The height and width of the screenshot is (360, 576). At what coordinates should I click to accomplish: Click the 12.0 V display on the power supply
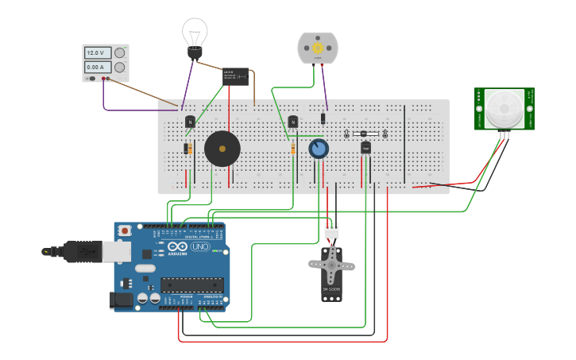[95, 52]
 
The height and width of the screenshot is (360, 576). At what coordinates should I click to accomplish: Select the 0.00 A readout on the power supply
[95, 68]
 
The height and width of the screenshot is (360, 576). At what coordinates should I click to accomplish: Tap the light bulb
[194, 37]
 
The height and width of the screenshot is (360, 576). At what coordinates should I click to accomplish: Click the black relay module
[235, 77]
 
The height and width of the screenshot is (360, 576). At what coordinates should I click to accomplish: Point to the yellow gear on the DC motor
[318, 48]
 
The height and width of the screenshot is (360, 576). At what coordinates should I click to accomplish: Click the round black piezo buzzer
[222, 149]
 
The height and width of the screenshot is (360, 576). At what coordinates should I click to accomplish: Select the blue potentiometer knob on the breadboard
[319, 149]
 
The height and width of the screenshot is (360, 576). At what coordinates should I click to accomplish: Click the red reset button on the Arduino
[125, 230]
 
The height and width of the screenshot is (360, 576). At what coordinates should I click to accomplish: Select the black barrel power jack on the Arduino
[121, 300]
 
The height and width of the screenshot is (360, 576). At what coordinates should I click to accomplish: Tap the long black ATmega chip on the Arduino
[191, 285]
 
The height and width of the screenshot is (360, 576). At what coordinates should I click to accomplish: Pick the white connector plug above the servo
[331, 230]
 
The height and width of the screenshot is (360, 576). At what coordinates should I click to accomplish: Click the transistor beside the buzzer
[190, 122]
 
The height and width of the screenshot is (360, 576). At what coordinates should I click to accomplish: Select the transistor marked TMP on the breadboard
[365, 147]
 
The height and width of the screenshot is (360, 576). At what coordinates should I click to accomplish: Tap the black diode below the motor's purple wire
[323, 118]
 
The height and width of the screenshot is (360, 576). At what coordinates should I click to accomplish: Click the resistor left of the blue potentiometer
[292, 149]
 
